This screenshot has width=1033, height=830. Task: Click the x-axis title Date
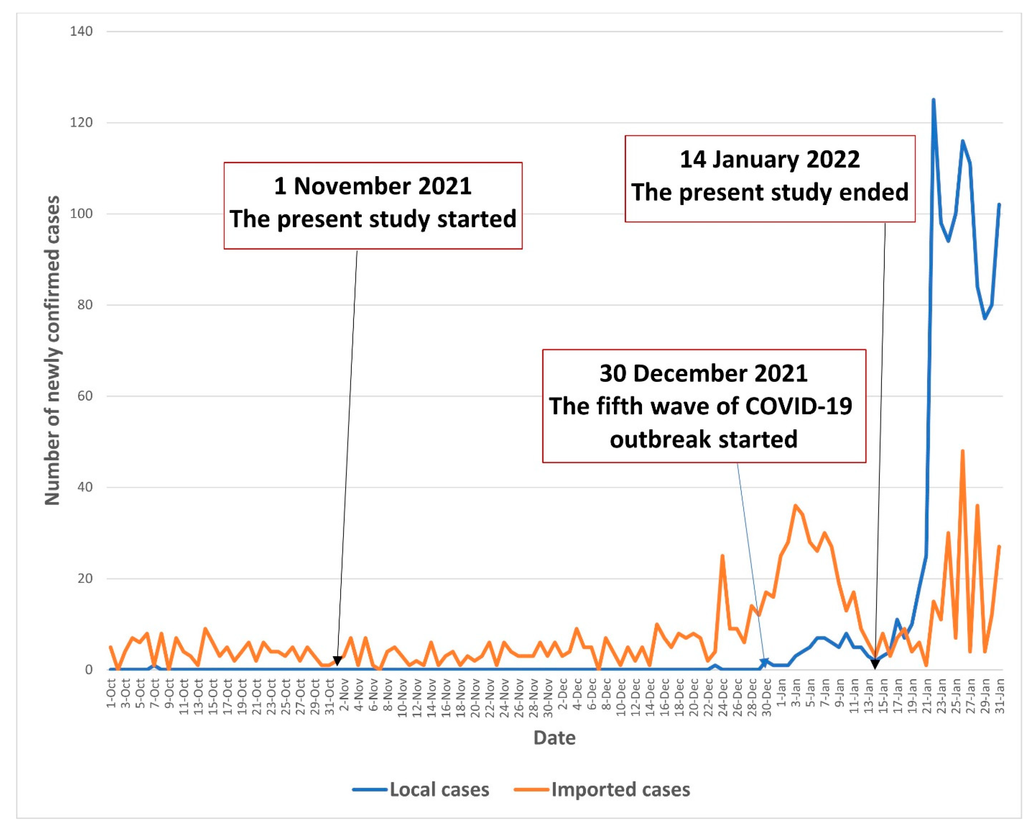point(554,738)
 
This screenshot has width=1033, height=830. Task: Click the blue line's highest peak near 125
point(933,100)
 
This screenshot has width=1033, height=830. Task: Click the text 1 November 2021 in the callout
point(373,186)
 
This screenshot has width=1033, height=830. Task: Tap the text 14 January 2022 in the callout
point(770,160)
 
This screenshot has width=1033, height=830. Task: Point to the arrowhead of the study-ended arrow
point(875,665)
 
